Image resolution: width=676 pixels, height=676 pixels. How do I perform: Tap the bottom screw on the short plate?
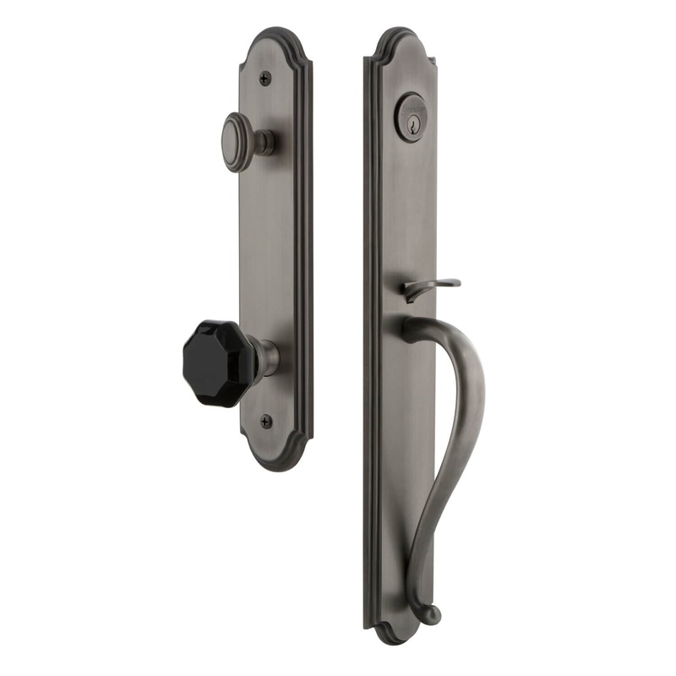(267, 420)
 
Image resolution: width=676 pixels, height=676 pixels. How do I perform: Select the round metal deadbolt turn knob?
(243, 137)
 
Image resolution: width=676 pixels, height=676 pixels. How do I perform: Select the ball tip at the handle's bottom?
(432, 614)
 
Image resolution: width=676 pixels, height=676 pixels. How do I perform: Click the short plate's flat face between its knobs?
(269, 245)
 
